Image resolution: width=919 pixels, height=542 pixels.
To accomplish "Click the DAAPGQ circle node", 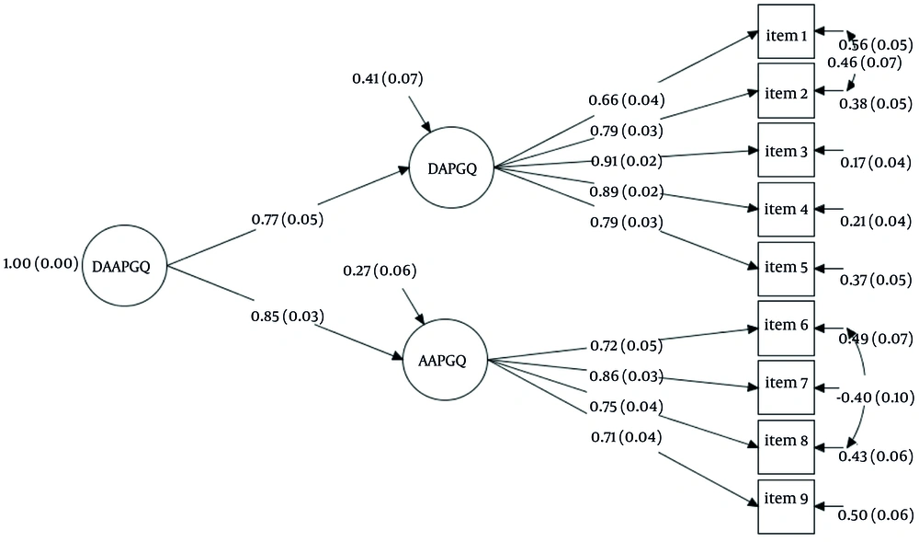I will coord(128,267).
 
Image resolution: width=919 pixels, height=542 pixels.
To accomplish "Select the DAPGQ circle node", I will coord(452,167).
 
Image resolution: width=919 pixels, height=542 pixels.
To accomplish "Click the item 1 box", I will coord(786,35).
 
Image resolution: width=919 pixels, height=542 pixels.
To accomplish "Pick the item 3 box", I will coord(786,151).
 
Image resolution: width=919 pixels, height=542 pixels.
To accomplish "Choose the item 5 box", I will coord(786,268).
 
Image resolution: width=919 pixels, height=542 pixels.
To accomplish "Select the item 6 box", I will coord(786,327).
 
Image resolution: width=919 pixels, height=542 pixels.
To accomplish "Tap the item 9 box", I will coord(786,500).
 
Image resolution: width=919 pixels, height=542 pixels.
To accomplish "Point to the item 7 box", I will coord(786,384).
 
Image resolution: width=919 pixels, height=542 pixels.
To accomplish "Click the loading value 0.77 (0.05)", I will coord(287,220).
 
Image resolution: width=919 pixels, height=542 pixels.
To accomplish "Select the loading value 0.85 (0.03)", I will coord(287,317).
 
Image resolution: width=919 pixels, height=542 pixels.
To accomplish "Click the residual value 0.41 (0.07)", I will coord(387,79).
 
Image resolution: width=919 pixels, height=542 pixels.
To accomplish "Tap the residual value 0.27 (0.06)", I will coord(380,271).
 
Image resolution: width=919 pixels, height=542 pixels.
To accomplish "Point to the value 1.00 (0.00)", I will coord(40,265).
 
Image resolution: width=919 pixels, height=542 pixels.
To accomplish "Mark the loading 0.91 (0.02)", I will coord(625,162).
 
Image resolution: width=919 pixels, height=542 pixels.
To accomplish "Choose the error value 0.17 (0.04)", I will coord(876,163).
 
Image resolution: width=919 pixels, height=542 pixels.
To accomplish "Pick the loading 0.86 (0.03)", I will coord(625,377).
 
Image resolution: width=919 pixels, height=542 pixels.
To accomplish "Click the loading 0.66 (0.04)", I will coord(627,99).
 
